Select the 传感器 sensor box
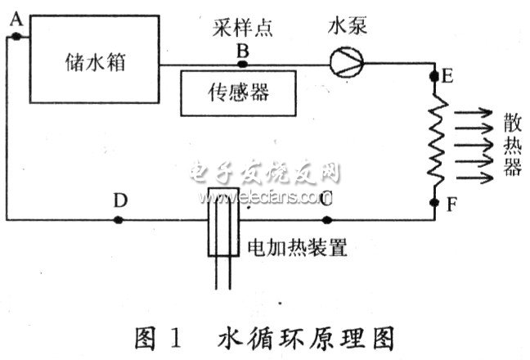tap(236, 92)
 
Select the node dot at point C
tap(327, 219)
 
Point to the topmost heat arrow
tap(470, 114)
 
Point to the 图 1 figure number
tap(159, 337)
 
